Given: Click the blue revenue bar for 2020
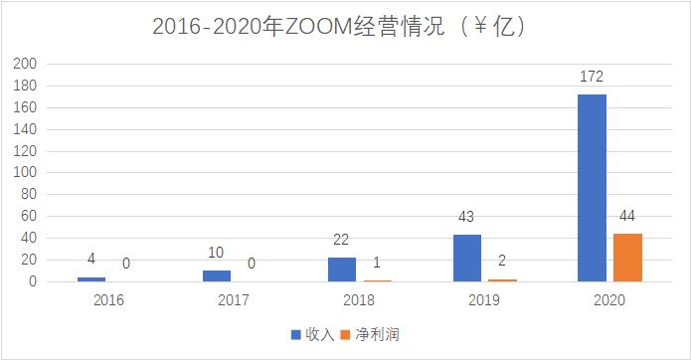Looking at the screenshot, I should point(593,188).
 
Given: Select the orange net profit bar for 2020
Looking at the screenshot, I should point(628,258).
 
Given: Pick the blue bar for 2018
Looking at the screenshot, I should point(342,270).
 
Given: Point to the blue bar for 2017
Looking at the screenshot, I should point(217,276).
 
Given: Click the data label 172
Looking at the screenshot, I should point(593,78).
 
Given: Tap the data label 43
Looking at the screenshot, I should point(467,219).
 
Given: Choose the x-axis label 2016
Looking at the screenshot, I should point(109,298).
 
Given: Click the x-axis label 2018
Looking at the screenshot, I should point(360,298).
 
